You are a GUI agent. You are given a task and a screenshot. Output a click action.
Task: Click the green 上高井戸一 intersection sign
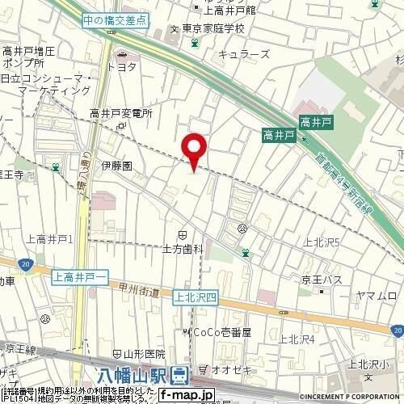(81, 277)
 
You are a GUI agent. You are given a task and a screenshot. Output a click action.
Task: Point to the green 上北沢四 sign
(194, 297)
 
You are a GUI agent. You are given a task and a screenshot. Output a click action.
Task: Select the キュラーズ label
(238, 54)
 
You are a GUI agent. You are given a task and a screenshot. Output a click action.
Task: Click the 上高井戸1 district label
(50, 239)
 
